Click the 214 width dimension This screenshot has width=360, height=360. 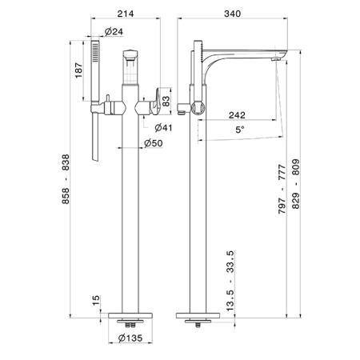click(x=126, y=14)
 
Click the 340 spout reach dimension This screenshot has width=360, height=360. click(x=232, y=14)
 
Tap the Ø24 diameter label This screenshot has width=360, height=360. click(x=114, y=32)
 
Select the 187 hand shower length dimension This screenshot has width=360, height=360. click(x=79, y=70)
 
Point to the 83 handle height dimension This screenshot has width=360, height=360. click(x=166, y=101)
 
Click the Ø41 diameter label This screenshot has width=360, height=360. click(x=163, y=128)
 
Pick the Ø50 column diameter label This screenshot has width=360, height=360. click(x=154, y=143)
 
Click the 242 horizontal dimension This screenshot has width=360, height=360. click(x=237, y=115)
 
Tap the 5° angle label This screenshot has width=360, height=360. click(x=240, y=130)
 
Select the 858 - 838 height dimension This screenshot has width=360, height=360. click(x=66, y=179)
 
